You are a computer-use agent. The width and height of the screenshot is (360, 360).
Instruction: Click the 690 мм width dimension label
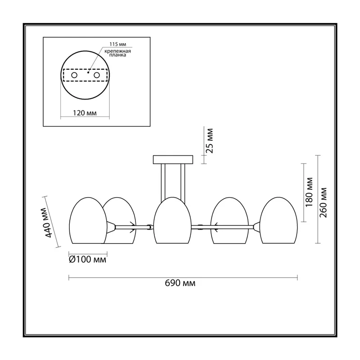(180, 283)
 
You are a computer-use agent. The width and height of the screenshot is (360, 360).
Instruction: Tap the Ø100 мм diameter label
(87, 260)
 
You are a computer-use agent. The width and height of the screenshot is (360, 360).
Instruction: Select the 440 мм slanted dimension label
(48, 222)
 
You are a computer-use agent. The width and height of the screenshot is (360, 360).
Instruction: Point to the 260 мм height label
(323, 202)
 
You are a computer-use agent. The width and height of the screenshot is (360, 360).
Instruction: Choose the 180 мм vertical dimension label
(309, 192)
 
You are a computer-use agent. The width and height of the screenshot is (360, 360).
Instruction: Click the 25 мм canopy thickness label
(209, 141)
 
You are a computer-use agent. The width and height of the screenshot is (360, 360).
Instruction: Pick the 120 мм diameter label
(85, 113)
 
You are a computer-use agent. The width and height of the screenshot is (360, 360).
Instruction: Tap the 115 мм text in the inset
(118, 44)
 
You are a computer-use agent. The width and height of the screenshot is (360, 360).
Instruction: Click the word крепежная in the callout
(117, 51)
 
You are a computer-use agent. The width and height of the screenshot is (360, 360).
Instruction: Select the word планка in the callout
(117, 55)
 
